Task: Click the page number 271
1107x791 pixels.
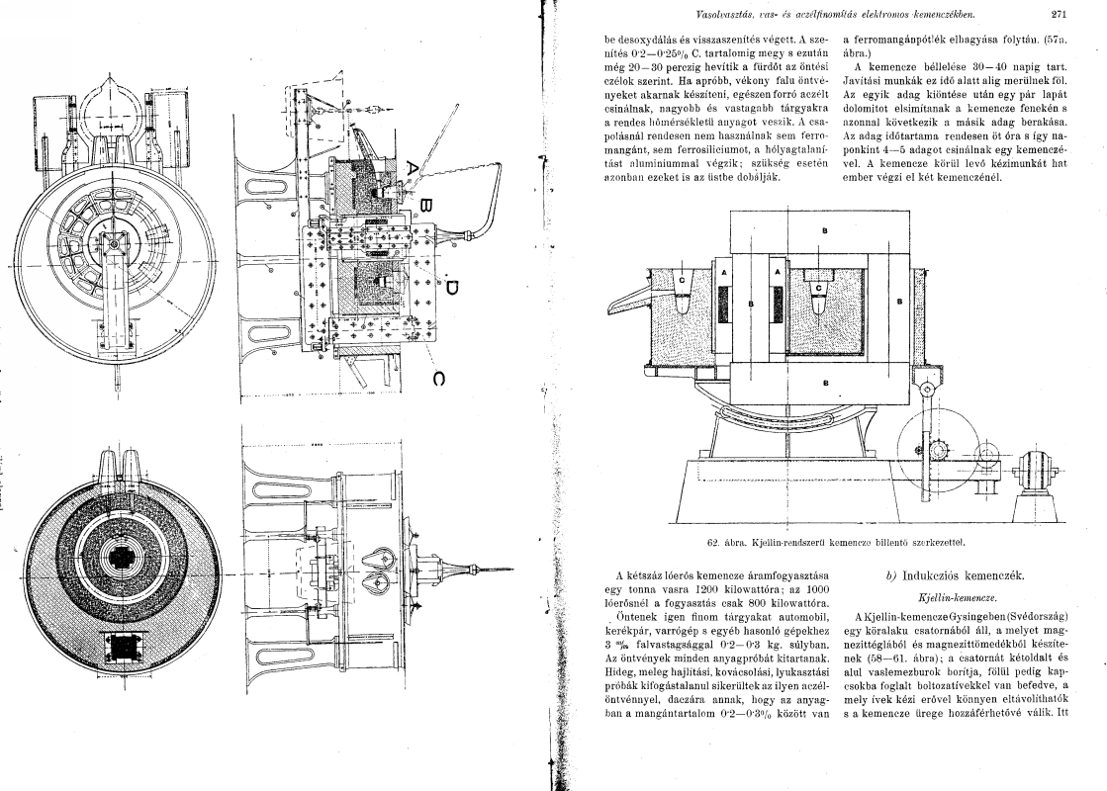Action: click(x=1058, y=14)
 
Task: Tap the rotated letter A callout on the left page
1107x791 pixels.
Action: click(x=413, y=169)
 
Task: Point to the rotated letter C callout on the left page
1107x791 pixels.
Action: click(x=438, y=379)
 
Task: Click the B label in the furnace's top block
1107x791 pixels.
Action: click(x=825, y=230)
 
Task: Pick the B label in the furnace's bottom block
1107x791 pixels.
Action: click(x=825, y=384)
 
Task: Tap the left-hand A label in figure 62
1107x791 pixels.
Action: click(x=723, y=272)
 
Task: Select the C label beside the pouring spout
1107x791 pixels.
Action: click(x=682, y=280)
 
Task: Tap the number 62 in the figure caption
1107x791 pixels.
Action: click(x=713, y=543)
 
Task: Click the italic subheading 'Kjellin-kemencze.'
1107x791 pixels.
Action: click(x=957, y=597)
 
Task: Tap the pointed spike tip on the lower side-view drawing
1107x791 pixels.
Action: click(x=512, y=569)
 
